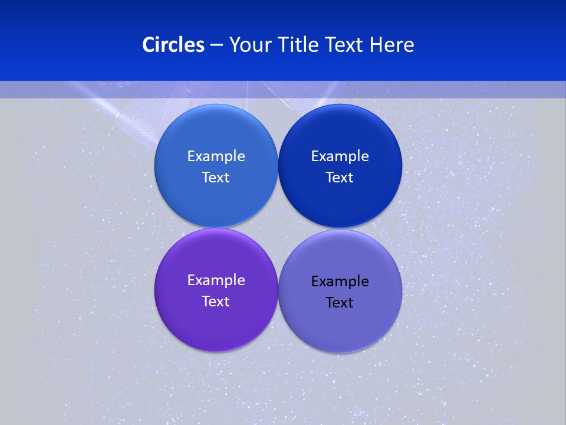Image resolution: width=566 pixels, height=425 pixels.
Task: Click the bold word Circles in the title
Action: click(173, 45)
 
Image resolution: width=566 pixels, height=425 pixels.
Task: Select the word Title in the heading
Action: click(300, 45)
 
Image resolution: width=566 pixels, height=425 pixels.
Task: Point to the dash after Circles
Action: click(216, 45)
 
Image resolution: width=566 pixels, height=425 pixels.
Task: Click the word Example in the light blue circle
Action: click(216, 156)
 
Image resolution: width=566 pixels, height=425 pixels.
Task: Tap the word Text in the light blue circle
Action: click(216, 178)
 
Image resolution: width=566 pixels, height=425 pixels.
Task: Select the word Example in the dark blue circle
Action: click(340, 156)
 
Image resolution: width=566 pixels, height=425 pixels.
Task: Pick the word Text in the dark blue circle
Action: click(340, 178)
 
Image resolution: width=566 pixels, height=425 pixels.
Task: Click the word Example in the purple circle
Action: click(216, 280)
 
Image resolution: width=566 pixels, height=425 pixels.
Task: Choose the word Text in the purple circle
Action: click(216, 302)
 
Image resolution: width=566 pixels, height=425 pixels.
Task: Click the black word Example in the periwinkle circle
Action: click(340, 282)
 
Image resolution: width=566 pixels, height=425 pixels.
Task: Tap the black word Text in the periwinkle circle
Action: click(340, 303)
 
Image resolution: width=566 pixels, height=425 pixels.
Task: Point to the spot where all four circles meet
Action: click(278, 228)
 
